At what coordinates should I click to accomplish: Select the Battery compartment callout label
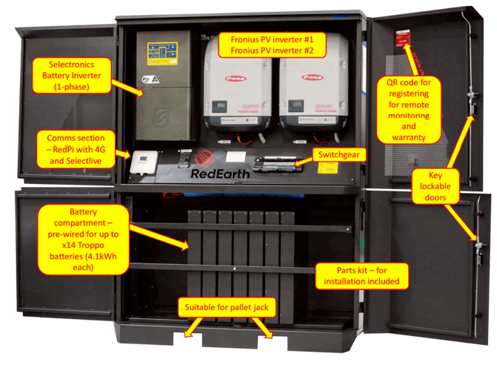click(72, 239)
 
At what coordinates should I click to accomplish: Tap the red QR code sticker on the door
click(404, 37)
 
